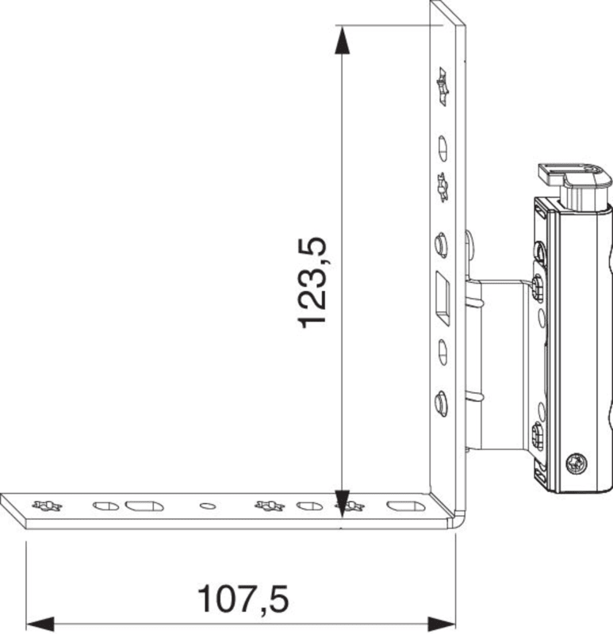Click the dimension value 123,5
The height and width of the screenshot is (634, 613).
tap(312, 282)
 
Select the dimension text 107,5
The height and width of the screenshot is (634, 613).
tap(243, 599)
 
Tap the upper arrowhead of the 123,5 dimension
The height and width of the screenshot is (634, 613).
tap(343, 40)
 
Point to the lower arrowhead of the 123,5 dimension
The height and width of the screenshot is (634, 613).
tap(343, 504)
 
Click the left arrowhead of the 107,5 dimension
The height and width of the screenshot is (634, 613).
tap(40, 624)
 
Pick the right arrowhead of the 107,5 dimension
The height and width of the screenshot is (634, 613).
tap(442, 624)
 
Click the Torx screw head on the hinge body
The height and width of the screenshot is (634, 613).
tap(577, 464)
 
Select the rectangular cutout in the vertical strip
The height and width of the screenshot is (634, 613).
tap(443, 298)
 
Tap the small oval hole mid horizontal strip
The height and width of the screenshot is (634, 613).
tap(208, 506)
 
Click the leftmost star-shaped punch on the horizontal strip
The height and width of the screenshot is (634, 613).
tap(47, 506)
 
